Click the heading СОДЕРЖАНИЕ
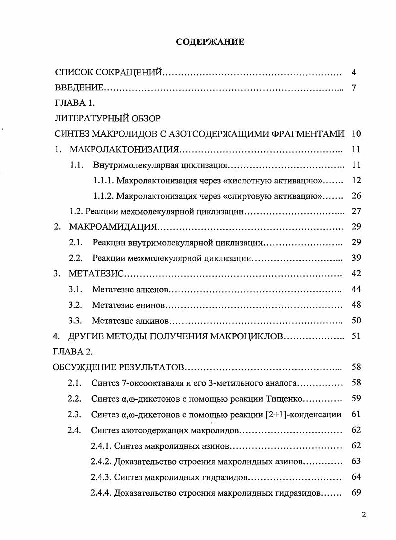(210, 42)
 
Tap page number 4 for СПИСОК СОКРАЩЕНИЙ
(354, 73)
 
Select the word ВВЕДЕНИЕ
(79, 88)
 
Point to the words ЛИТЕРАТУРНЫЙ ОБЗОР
(107, 119)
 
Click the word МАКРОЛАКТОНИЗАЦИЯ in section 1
(124, 149)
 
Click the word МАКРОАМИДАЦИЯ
(113, 227)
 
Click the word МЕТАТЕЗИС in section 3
(95, 273)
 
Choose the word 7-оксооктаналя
(148, 383)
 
